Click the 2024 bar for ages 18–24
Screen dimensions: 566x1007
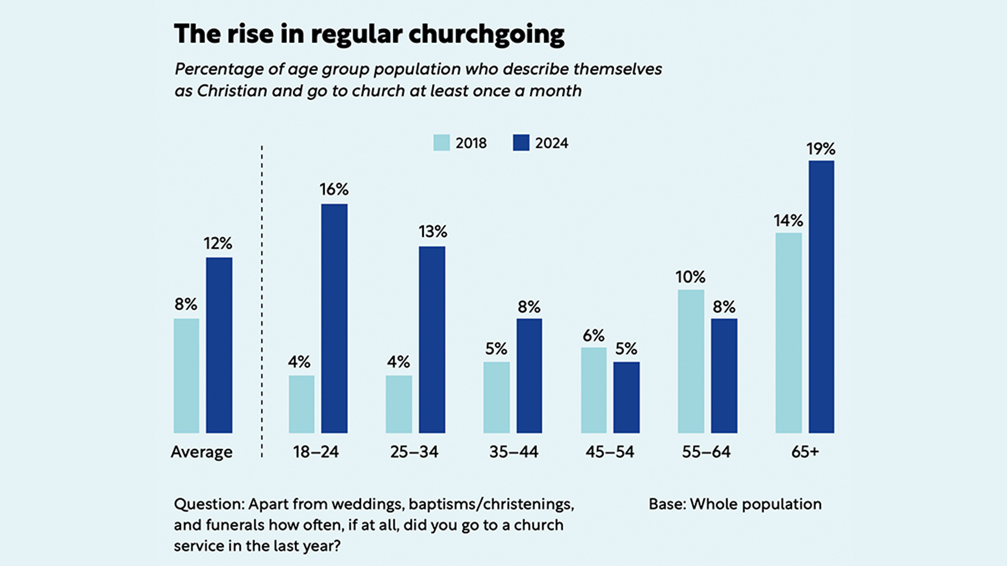coord(334,318)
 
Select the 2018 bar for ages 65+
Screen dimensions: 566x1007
coord(788,333)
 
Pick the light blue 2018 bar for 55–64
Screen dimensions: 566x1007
coord(691,361)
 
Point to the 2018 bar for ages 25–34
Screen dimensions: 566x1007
coord(399,404)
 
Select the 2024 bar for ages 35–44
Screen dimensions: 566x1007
coord(529,376)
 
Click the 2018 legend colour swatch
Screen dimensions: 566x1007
coord(442,143)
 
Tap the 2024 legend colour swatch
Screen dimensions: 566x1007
coord(521,143)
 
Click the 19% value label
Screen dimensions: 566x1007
coord(821,149)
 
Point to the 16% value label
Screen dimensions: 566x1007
coord(334,189)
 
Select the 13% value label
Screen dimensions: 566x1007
coord(433,232)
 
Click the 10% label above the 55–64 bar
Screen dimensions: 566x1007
coord(690,277)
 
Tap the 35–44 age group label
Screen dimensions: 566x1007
coord(513,452)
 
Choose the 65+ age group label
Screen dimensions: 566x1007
coord(805,452)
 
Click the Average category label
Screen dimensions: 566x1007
coord(201,452)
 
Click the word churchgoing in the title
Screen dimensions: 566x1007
coord(486,35)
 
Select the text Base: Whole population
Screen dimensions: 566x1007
coord(735,504)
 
